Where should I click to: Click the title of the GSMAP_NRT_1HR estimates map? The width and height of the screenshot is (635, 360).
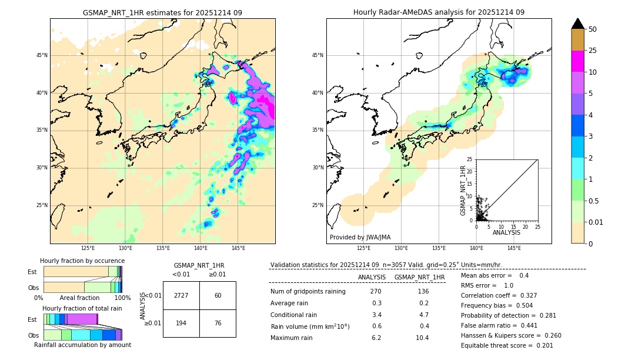click(162, 12)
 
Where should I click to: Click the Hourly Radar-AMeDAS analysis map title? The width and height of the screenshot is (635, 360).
click(439, 12)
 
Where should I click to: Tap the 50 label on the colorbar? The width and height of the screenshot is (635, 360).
click(593, 29)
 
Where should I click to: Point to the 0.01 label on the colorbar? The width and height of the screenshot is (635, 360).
click(596, 222)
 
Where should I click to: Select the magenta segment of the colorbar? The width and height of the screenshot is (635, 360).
click(577, 61)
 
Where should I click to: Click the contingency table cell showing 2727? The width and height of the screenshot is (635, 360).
click(181, 295)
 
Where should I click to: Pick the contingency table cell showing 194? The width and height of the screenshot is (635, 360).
click(181, 324)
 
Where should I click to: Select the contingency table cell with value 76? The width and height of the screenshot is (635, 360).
click(218, 324)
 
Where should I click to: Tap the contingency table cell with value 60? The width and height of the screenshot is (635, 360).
click(218, 295)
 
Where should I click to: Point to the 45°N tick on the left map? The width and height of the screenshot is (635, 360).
click(42, 55)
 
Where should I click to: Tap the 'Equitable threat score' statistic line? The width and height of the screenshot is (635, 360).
click(507, 345)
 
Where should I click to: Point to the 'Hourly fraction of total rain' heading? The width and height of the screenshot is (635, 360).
click(82, 308)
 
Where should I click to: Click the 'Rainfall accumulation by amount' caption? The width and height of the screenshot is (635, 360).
click(82, 345)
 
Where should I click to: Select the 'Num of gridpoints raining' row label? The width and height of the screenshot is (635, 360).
click(308, 292)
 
